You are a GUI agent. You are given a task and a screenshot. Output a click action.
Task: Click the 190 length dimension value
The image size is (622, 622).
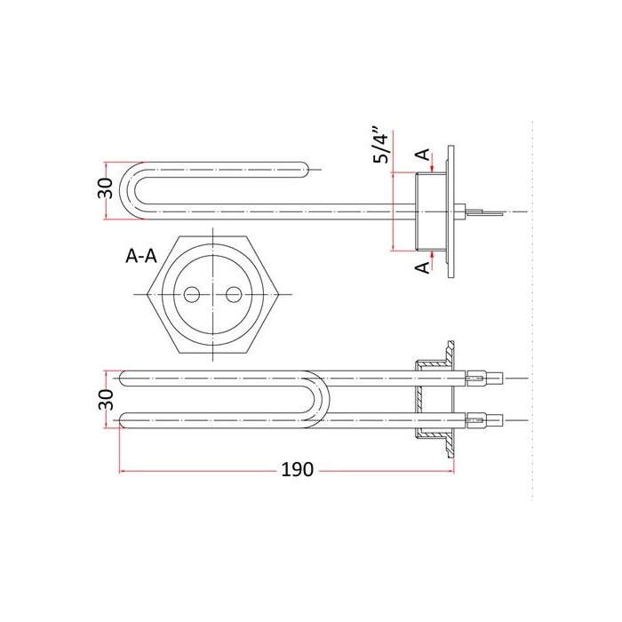coord(297,470)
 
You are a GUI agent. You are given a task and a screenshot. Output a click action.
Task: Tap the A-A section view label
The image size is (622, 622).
coord(141,256)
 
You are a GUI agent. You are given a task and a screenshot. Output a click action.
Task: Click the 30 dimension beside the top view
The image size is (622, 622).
coord(105,188)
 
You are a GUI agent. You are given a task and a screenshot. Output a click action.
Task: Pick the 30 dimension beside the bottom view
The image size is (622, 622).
coord(105,400)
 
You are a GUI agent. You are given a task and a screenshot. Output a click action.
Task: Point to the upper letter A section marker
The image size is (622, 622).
coord(424,155)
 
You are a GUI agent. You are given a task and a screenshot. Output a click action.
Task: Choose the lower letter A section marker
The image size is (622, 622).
coord(423,267)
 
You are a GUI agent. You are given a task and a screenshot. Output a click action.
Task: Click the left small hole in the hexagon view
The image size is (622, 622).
coord(192,294)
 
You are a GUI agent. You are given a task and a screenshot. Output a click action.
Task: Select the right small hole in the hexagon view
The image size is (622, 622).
coord(234,294)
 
